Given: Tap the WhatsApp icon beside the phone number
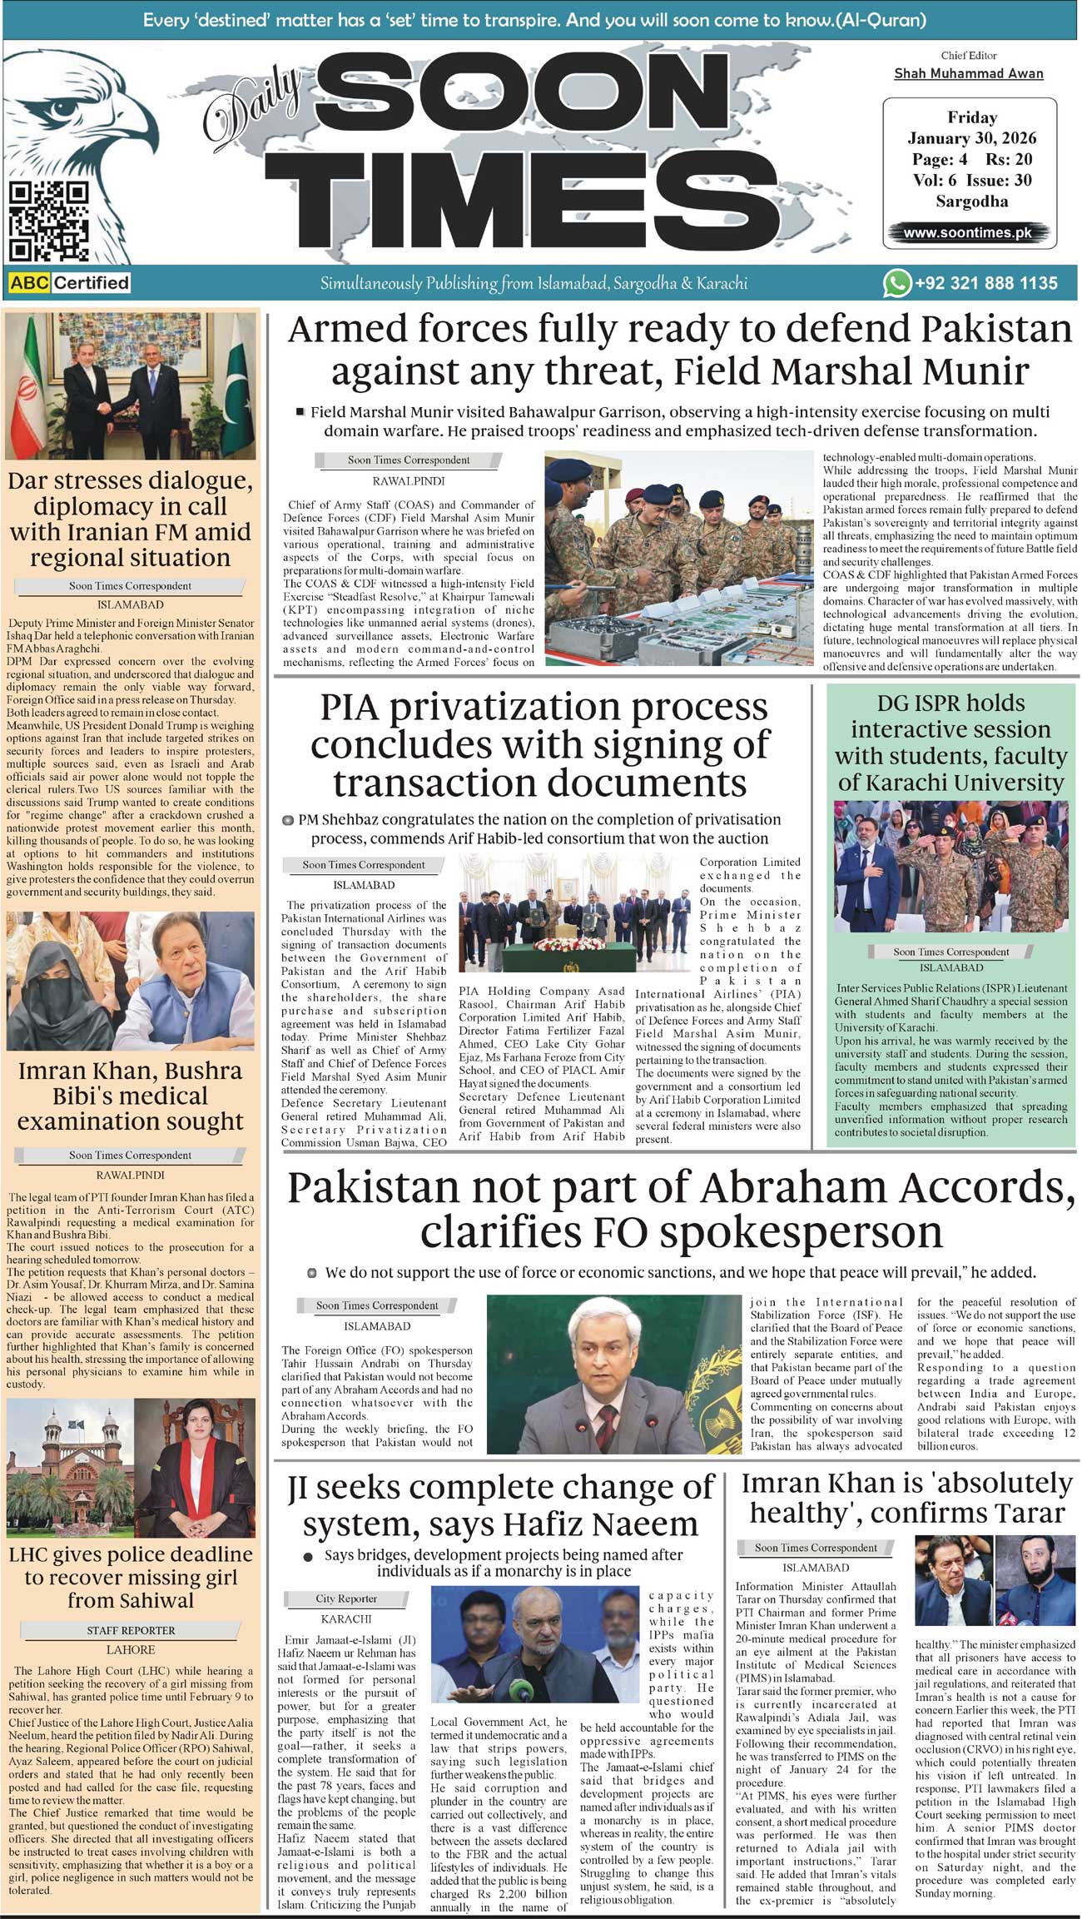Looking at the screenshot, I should click(896, 283).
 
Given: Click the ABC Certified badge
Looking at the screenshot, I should click(70, 283).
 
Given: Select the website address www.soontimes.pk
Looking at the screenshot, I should click(967, 233).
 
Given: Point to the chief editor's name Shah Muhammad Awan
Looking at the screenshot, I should click(968, 73).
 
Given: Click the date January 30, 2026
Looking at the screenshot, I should click(971, 138).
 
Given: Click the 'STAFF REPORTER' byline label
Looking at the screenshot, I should click(131, 1630).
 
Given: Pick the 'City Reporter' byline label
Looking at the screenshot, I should click(346, 1598).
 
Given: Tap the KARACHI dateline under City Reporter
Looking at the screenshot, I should click(346, 1619).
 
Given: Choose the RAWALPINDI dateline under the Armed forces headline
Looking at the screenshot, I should click(408, 481).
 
